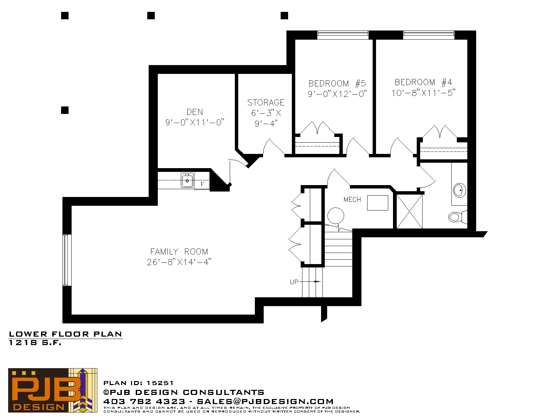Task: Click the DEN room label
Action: tap(195, 112)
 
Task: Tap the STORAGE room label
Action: tap(266, 103)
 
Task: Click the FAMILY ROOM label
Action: tap(179, 252)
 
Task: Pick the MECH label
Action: tap(352, 199)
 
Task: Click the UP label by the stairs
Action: tap(294, 282)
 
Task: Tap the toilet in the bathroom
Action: tap(457, 217)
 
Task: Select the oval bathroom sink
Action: tap(460, 190)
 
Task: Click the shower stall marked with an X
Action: tap(409, 212)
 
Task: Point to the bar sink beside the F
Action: tap(187, 180)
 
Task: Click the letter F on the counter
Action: tap(202, 184)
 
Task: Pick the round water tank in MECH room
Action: tap(336, 216)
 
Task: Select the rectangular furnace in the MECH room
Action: tap(378, 203)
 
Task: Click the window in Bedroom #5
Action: tap(343, 35)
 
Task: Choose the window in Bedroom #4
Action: tap(429, 35)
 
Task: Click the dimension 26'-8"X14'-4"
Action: tap(179, 262)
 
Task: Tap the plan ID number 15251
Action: tap(160, 383)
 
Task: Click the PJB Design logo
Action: tap(53, 390)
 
